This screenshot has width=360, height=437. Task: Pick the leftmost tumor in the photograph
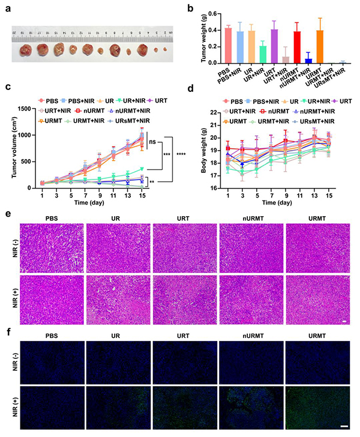(x=26, y=50)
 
